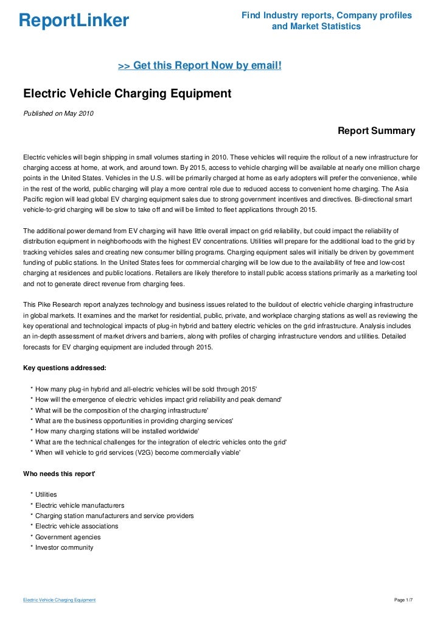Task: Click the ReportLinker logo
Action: [74, 21]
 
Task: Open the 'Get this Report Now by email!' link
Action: [200, 65]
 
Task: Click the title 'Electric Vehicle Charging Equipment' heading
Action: [127, 94]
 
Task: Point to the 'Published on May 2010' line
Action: [58, 113]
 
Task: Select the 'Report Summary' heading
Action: [376, 131]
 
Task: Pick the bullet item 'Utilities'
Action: [46, 495]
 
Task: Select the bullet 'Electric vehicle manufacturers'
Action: [80, 505]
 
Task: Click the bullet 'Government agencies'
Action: [68, 537]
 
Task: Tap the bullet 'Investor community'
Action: [65, 547]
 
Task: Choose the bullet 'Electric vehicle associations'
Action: [77, 527]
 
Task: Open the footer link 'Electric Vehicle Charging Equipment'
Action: [59, 600]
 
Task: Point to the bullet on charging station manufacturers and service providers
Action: [114, 516]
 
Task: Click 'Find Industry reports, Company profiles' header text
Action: [326, 15]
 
